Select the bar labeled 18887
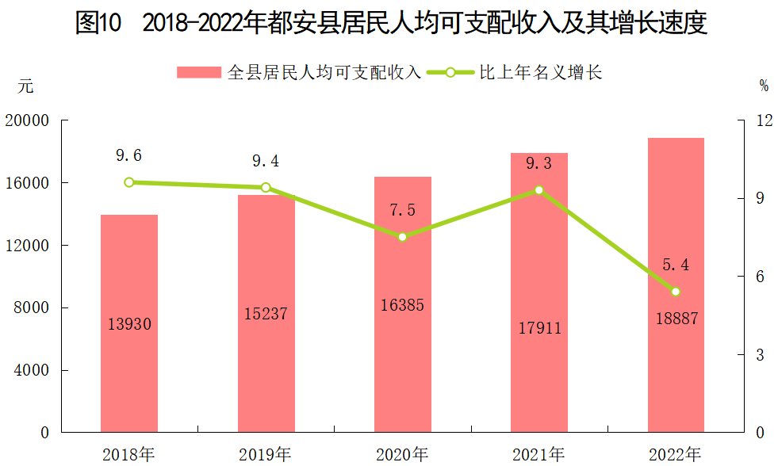click(x=676, y=285)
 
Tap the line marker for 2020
click(x=402, y=237)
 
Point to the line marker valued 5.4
click(x=676, y=292)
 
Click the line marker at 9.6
click(x=129, y=182)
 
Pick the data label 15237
click(x=266, y=314)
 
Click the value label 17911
click(x=539, y=328)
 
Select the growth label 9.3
click(x=539, y=164)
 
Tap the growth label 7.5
click(x=402, y=210)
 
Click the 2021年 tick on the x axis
click(x=539, y=455)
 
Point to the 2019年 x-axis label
click(x=266, y=455)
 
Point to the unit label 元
click(x=26, y=87)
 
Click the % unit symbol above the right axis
click(x=763, y=85)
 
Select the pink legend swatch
click(x=198, y=73)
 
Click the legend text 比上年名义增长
click(x=541, y=73)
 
